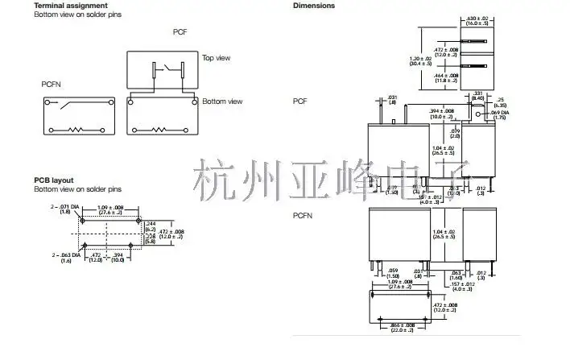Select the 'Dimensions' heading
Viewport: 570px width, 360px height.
tap(314, 6)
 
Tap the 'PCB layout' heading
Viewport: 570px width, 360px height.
tap(54, 180)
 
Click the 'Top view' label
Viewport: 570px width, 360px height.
tap(217, 58)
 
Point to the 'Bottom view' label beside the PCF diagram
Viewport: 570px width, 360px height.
tap(222, 101)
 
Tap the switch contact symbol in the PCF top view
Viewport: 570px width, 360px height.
tap(166, 66)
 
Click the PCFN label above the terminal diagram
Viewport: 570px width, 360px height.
tap(52, 84)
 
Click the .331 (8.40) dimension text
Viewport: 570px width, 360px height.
tap(477, 95)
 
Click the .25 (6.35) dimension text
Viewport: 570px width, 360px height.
tap(500, 101)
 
